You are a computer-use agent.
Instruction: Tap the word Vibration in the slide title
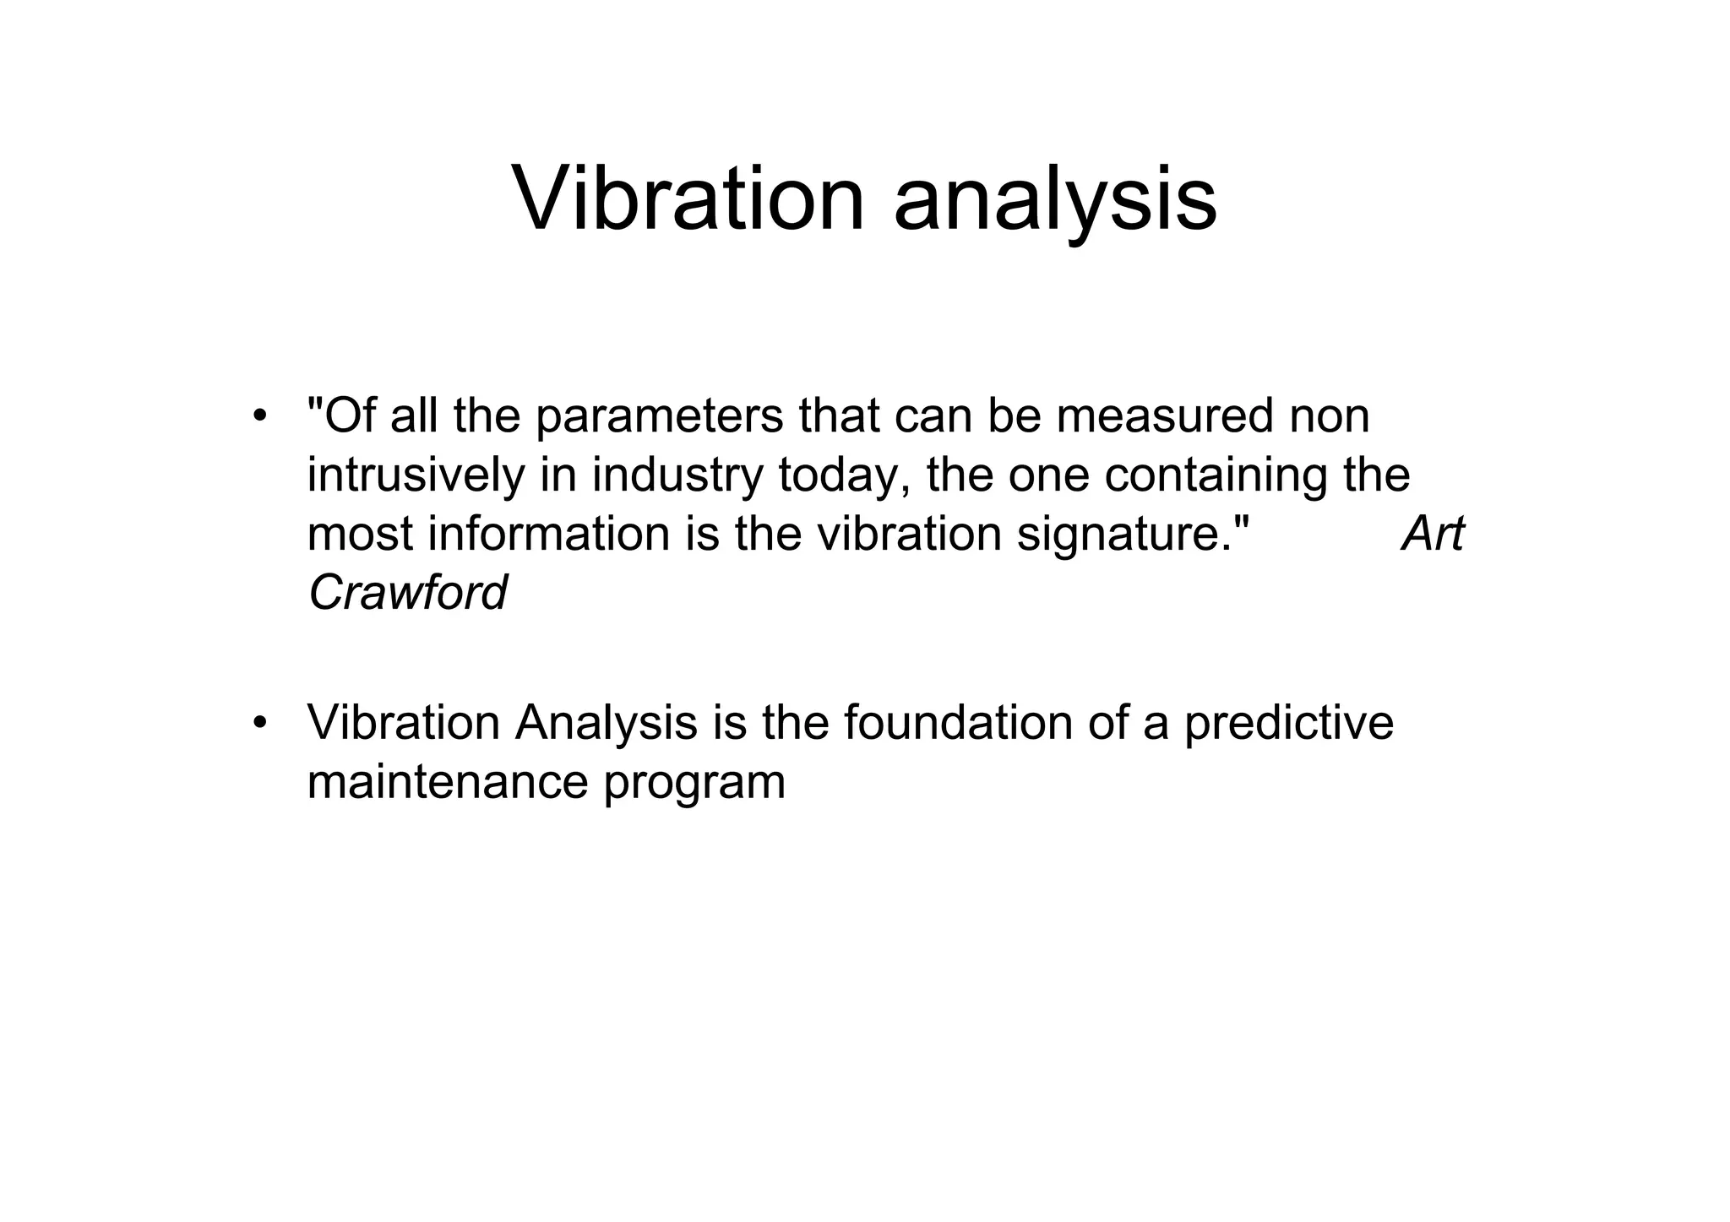688,199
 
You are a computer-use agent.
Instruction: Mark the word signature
1131,535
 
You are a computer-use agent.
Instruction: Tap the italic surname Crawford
407,593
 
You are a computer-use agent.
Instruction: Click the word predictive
1288,725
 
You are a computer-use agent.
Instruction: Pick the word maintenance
448,782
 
